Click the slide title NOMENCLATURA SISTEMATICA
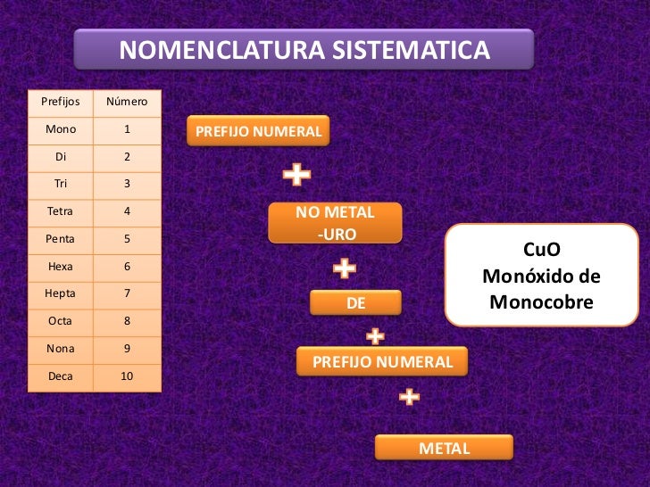click(x=304, y=51)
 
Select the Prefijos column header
click(x=61, y=102)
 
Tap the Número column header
click(x=127, y=102)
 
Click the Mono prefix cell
click(x=61, y=129)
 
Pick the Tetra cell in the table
click(x=61, y=211)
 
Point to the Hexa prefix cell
click(x=61, y=266)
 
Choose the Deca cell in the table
click(x=61, y=376)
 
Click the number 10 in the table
click(x=127, y=376)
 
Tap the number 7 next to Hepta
click(x=127, y=293)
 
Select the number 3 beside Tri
click(x=127, y=184)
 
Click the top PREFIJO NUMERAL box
click(x=258, y=131)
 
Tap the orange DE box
click(x=355, y=303)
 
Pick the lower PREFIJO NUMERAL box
click(x=382, y=362)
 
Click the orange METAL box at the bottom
click(x=444, y=448)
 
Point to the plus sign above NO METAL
click(x=296, y=176)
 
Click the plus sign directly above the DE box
click(x=345, y=268)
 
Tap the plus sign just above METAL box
click(x=409, y=397)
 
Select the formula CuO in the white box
click(x=541, y=252)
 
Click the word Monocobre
click(x=541, y=303)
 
